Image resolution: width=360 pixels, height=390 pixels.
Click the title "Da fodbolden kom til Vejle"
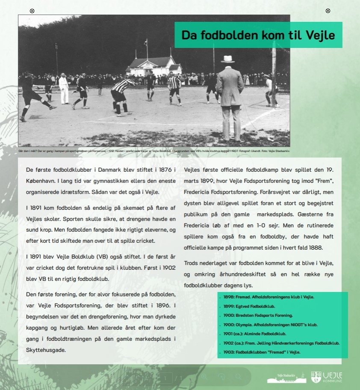[258, 35]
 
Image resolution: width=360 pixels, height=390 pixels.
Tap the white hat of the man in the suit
[227, 59]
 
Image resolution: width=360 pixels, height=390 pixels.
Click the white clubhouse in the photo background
[153, 66]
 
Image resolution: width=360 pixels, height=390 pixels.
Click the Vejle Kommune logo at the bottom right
[327, 377]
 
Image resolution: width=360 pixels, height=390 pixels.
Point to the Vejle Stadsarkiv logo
[286, 378]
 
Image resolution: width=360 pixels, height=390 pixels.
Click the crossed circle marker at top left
[32, 11]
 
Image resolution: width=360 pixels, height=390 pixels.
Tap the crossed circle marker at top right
[328, 11]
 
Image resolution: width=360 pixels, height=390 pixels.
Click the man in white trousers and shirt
[64, 89]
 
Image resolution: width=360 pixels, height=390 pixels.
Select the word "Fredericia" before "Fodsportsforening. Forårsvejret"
[199, 192]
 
